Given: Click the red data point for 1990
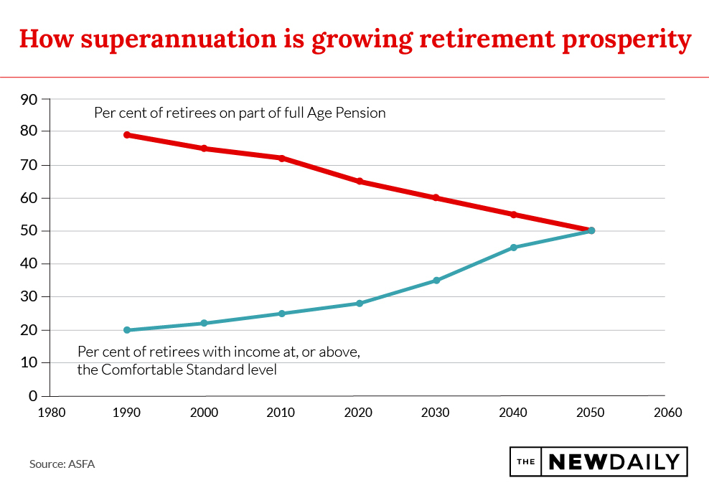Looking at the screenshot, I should coord(127,135).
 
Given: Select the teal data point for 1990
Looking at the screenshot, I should coord(127,330).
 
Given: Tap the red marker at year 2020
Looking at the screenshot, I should coord(360,182).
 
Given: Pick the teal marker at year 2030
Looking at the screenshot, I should coord(436,281).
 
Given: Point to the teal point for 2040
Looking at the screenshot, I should coord(514,248).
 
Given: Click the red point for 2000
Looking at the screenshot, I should coord(205,149).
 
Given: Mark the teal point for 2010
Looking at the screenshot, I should coord(282,314).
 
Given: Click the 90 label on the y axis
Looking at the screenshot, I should coord(29,99).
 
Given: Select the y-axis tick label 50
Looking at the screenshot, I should coord(29,231).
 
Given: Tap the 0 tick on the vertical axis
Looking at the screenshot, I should coord(33,396).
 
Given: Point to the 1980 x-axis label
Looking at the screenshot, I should coord(50,413).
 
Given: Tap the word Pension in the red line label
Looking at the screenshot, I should coord(362,113).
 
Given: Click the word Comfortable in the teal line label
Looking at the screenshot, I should coord(138,370).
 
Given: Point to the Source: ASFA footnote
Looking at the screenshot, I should coord(62,464).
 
